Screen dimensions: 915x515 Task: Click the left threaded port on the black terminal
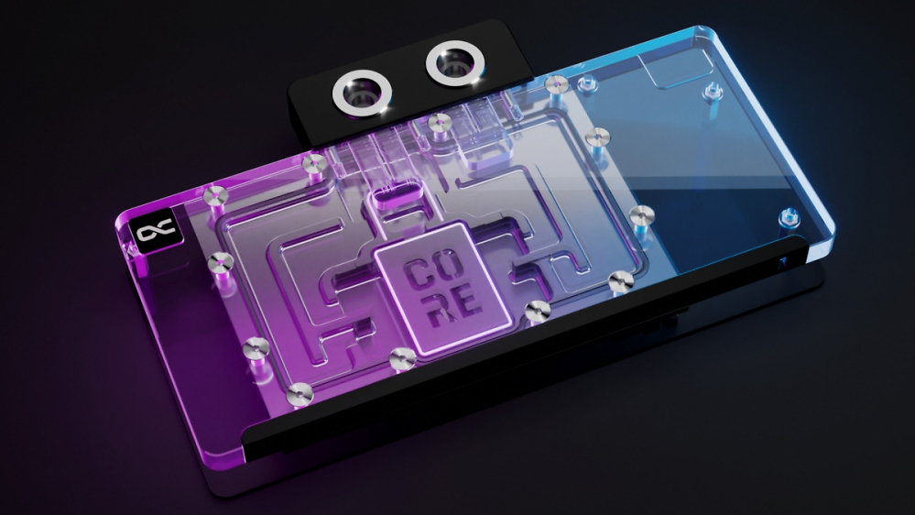(x=361, y=94)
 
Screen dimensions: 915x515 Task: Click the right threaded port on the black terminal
(x=454, y=63)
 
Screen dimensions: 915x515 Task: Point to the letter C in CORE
(x=419, y=273)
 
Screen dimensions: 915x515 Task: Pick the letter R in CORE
(x=440, y=310)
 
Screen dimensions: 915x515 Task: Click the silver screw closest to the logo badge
(x=215, y=195)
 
